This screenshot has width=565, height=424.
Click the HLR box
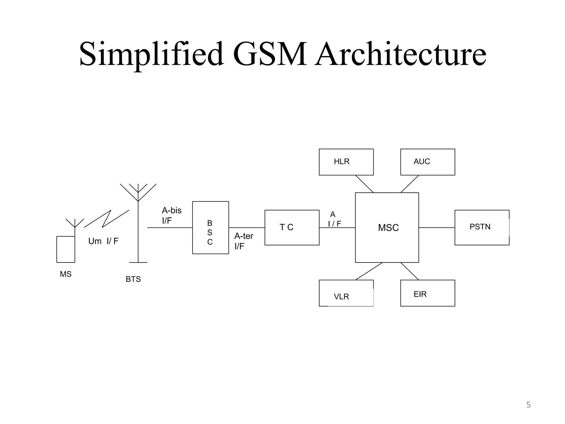pos(346,162)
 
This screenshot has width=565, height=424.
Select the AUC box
pos(427,162)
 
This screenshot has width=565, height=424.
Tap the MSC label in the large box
pos(388,228)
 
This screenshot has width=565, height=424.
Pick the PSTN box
pos(482,227)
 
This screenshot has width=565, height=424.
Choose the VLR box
pos(346,293)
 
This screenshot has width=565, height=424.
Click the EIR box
pos(427,293)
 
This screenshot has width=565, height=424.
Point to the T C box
pos(292,227)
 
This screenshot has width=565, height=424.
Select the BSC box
pos(210,228)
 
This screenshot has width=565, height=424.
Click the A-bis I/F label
pos(171,215)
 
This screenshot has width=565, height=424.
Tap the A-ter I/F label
pos(244,241)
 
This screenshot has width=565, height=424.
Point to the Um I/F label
pos(103,241)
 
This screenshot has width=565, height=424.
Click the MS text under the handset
pos(66,274)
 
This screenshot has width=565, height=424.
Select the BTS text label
pos(133,279)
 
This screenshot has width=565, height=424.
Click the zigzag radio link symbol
pos(106,219)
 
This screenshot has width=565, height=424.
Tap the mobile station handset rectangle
pos(66,249)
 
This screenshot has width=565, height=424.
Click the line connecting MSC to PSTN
pos(436,228)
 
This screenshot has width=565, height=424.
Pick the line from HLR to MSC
pos(364,184)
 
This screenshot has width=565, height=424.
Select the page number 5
pos(528,405)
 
